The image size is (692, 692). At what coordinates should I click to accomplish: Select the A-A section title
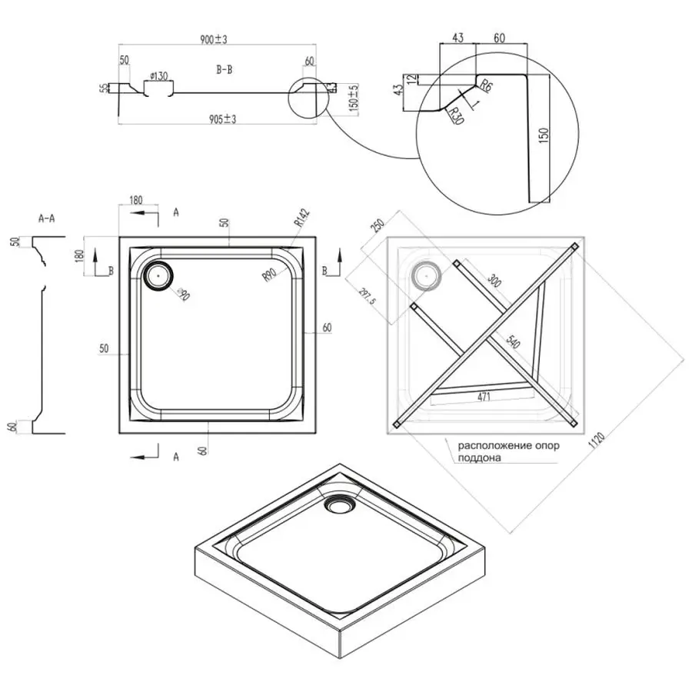point(46,218)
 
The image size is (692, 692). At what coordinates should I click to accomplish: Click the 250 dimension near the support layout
point(377,228)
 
